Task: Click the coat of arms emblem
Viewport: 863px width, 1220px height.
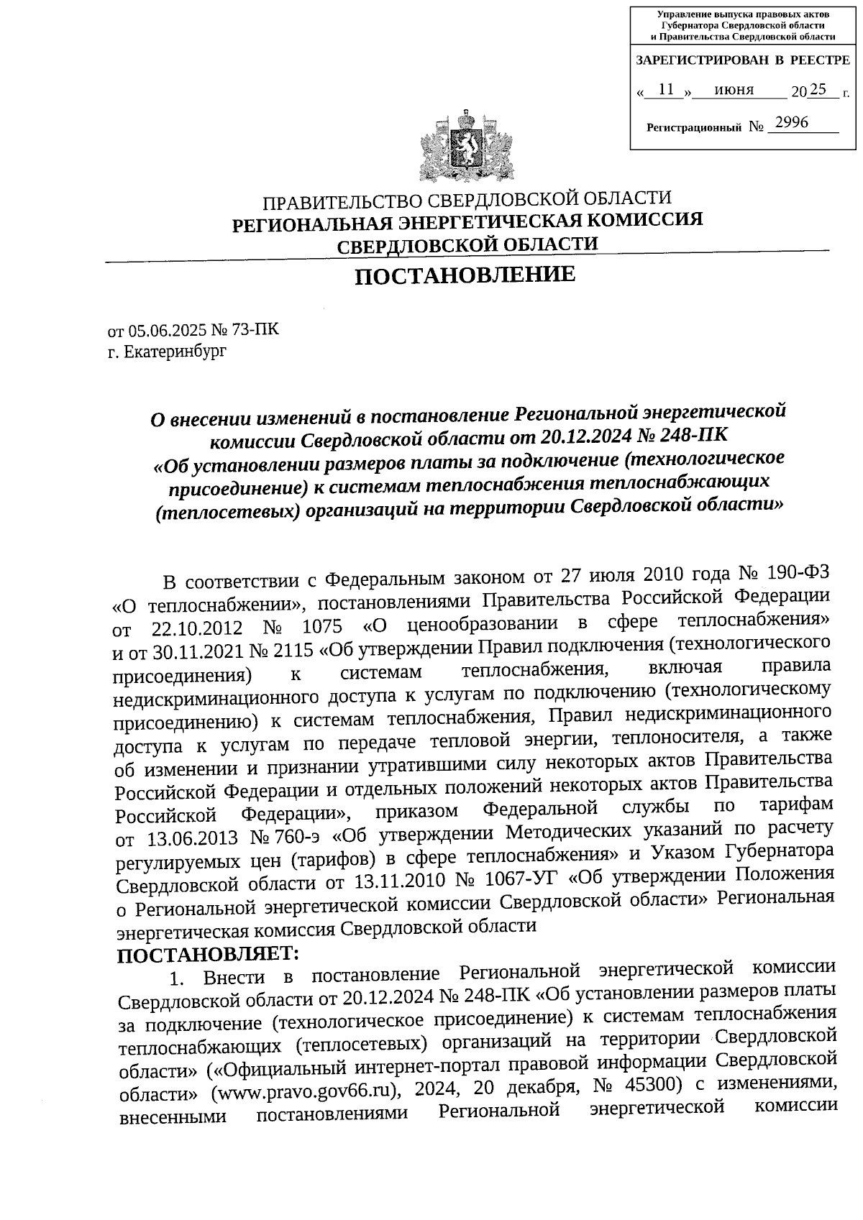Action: coord(467,147)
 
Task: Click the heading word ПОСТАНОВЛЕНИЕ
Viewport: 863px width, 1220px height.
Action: coord(466,275)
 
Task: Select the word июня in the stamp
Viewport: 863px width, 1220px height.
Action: coord(734,90)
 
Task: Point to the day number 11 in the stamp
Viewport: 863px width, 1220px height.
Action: coord(666,89)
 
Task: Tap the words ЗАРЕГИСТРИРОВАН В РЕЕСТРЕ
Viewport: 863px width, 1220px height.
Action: coord(742,60)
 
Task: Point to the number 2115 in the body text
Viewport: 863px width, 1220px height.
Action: coord(292,651)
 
